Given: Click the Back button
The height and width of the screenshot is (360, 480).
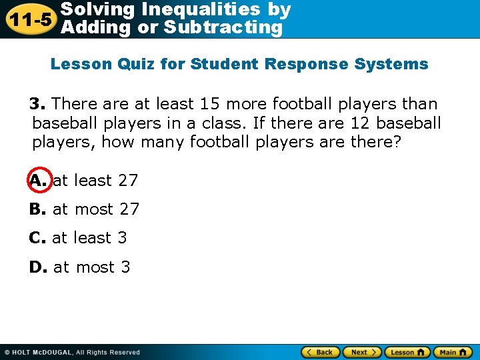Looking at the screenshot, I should [321, 352].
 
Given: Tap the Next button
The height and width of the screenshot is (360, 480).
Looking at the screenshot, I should [362, 352].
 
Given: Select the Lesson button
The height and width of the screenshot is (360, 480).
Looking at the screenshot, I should [407, 352].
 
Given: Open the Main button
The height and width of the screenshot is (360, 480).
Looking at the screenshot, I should [452, 352].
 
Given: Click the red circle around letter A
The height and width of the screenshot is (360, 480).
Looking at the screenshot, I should [37, 180].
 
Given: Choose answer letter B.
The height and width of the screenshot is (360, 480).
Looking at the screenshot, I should [37, 209].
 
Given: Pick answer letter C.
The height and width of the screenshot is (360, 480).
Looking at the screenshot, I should [37, 238].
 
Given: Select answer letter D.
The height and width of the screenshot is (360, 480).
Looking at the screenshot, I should [38, 267].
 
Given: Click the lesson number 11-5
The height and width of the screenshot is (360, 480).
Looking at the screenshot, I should [29, 19].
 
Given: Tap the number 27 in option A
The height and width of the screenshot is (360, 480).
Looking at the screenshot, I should [128, 180].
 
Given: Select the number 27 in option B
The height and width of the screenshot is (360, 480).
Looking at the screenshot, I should [129, 209].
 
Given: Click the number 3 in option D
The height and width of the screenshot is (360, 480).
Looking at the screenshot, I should [125, 267].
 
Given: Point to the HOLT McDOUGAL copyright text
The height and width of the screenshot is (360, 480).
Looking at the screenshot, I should [72, 352].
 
